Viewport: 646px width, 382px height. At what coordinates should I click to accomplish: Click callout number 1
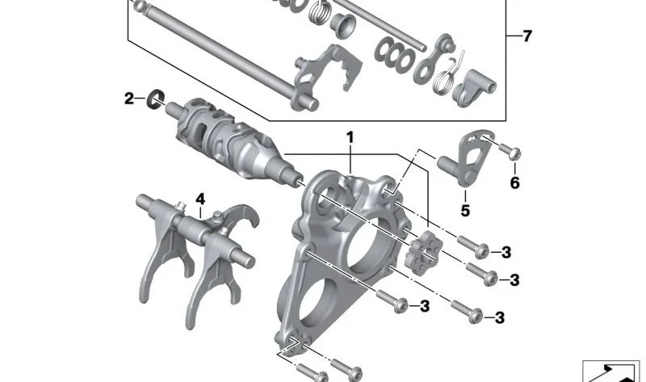[x=350, y=137]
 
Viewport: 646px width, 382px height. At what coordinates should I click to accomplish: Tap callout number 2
[x=129, y=99]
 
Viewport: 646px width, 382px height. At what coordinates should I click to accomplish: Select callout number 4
[x=200, y=199]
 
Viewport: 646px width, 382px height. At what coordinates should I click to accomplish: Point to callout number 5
[x=465, y=211]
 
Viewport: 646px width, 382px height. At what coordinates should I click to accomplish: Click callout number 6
[x=515, y=183]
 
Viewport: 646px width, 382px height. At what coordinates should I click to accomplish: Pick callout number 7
[x=528, y=36]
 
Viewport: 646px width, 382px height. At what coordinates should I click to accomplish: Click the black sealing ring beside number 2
[x=156, y=99]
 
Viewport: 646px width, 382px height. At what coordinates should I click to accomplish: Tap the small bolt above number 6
[x=510, y=152]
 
